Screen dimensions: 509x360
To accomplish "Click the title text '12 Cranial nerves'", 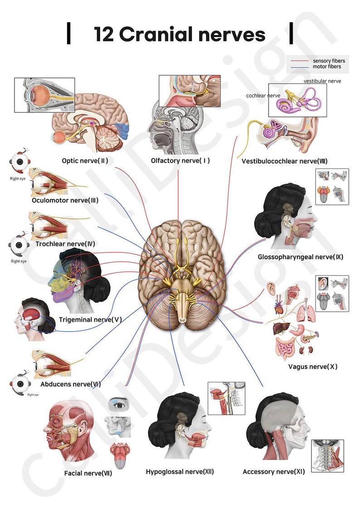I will tap(180, 34).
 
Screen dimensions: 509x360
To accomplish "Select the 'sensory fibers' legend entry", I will tap(328, 61).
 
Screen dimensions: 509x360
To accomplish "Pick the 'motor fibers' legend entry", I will tap(326, 67).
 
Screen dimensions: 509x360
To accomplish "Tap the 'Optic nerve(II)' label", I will tap(85, 160).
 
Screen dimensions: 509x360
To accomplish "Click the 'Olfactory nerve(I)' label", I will tap(180, 160).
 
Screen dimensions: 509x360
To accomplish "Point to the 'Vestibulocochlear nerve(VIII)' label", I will tap(284, 161).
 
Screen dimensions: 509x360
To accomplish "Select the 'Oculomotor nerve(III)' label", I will tap(65, 200).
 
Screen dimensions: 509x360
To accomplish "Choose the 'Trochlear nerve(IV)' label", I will tap(65, 244).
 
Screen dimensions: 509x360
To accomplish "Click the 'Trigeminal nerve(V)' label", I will tap(90, 320).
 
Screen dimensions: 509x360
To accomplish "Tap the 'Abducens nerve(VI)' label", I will tap(70, 384).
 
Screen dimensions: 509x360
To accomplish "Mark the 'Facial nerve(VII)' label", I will tap(88, 474).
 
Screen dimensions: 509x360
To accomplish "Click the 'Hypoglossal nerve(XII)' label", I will tap(180, 472).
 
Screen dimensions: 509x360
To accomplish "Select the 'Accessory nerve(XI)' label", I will tap(273, 472).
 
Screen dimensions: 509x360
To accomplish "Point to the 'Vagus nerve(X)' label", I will tap(313, 367).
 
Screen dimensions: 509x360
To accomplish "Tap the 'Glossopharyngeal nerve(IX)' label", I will tap(300, 257).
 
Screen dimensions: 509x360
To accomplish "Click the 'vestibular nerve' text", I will tap(322, 81).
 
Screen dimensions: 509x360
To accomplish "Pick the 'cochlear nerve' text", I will tap(263, 96).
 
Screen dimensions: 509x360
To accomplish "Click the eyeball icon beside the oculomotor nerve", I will tap(19, 161).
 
